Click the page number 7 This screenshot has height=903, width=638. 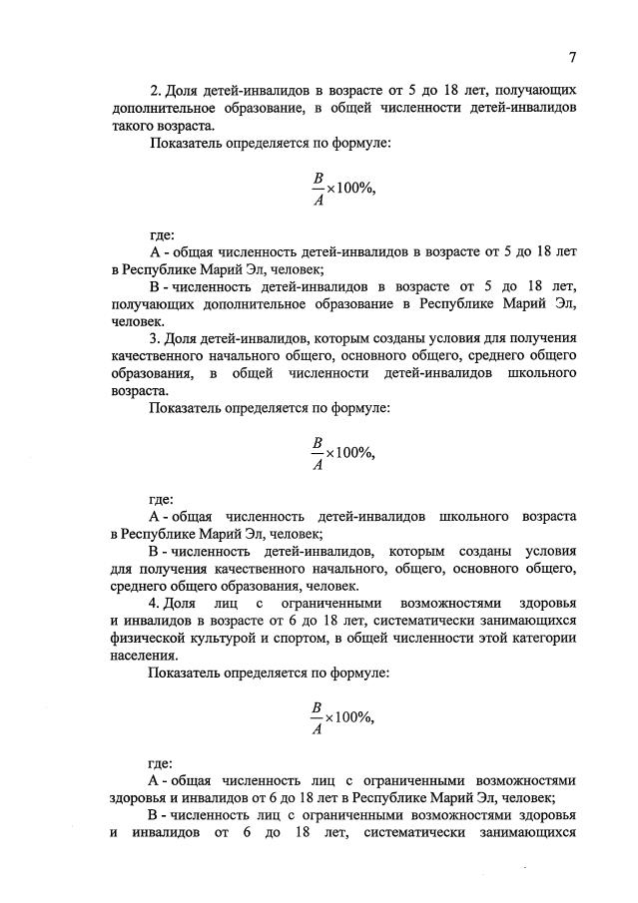573,56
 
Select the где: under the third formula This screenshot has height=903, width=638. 162,764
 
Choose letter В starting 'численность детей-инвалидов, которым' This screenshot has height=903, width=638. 154,551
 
